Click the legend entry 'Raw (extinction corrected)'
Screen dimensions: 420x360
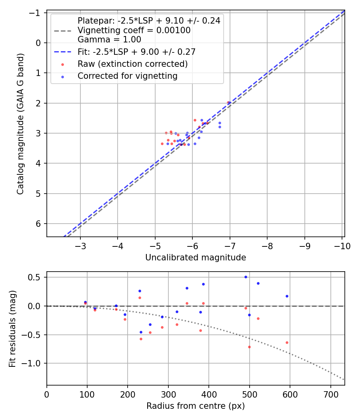pos(132,64)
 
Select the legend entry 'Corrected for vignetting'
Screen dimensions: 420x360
pos(128,76)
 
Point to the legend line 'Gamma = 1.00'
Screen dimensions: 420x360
pos(109,39)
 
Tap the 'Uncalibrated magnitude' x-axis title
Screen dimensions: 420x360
pos(196,258)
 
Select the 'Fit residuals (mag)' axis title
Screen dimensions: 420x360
pos(12,328)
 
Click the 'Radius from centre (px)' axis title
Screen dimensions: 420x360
pos(196,406)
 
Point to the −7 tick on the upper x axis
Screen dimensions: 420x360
pos(230,246)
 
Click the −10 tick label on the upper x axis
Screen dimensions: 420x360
pos(342,246)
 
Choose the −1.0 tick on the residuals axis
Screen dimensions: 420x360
pos(35,363)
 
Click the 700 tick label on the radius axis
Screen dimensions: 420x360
pos(330,394)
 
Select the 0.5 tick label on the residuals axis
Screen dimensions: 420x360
pos(37,277)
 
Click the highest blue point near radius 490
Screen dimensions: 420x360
pos(246,277)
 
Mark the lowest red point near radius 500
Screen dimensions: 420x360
pos(249,347)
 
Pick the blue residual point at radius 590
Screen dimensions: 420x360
pos(287,296)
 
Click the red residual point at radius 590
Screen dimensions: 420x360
pos(287,342)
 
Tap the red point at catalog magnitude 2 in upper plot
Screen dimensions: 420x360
pos(228,103)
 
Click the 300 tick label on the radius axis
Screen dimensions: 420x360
pos(168,394)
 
